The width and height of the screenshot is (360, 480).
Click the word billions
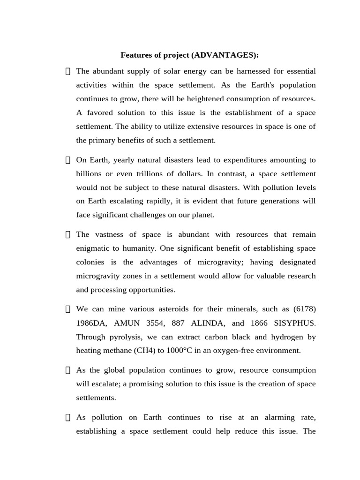(90, 174)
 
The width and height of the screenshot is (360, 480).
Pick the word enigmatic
(94, 248)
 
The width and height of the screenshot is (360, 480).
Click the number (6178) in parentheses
(304, 309)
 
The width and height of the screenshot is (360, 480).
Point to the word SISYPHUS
(293, 323)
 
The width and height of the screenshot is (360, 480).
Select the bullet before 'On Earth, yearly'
(67, 160)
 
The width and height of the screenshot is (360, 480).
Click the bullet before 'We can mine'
(67, 309)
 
